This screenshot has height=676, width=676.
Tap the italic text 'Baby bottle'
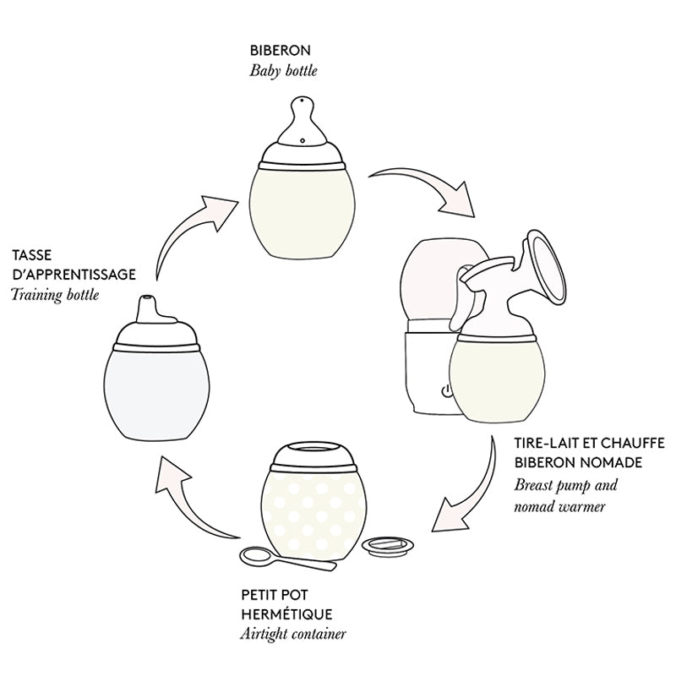click(x=283, y=71)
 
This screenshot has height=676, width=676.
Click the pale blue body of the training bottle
click(x=152, y=389)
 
